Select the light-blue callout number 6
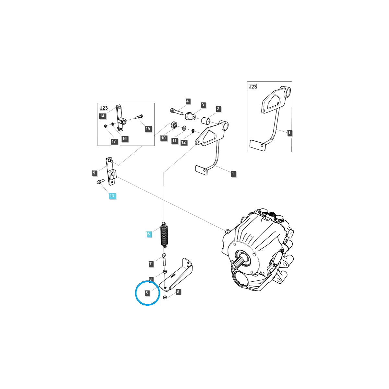148,234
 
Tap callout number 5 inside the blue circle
147,293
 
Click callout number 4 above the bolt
188,101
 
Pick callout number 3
203,105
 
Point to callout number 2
218,109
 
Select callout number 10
163,138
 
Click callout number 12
183,142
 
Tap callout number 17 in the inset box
114,141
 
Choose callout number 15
148,129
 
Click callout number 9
94,173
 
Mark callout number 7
151,264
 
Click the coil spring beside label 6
164,235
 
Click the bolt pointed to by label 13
100,181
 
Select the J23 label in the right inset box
253,87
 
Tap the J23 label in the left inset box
104,108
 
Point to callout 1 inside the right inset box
289,133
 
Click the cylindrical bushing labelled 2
206,121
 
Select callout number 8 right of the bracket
178,291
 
